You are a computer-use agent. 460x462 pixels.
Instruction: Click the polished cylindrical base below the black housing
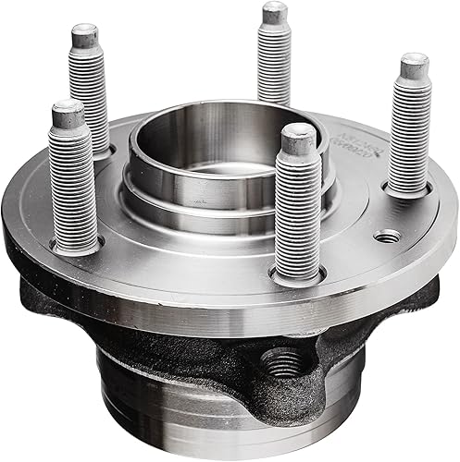(x=185, y=416)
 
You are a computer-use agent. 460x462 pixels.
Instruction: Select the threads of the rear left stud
(x=91, y=92)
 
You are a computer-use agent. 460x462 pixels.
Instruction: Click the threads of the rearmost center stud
(x=275, y=65)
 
